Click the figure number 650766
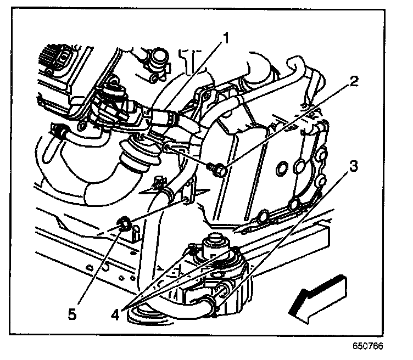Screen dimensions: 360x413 click(x=368, y=346)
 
